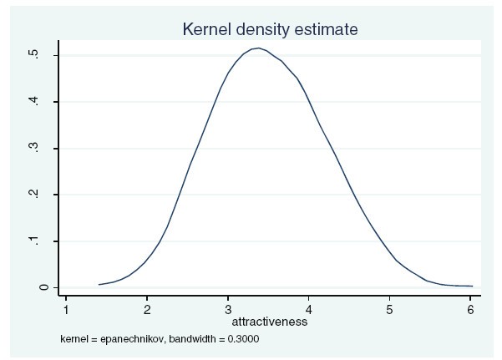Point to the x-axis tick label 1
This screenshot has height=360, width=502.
[x=66, y=309]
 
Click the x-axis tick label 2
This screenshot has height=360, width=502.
[x=147, y=309]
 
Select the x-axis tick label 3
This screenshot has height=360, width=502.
[x=228, y=309]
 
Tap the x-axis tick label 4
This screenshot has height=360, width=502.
[x=309, y=309]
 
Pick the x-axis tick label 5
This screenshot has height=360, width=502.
[x=390, y=309]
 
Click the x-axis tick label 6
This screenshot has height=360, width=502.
[x=471, y=309]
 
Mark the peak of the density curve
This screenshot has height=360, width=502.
[x=260, y=48]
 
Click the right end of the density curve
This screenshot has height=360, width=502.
[x=472, y=286]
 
